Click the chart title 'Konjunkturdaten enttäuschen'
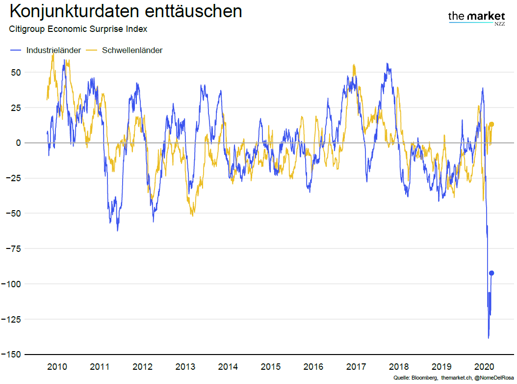126,11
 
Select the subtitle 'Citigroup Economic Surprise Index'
78,29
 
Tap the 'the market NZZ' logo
477,18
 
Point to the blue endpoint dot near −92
491,273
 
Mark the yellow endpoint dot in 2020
491,124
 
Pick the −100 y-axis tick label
11,284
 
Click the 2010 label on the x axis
57,367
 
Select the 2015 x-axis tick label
271,367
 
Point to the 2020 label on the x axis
484,367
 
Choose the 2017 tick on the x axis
356,367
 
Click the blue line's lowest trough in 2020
489,337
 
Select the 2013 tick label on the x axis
185,367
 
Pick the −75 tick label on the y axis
12,249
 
